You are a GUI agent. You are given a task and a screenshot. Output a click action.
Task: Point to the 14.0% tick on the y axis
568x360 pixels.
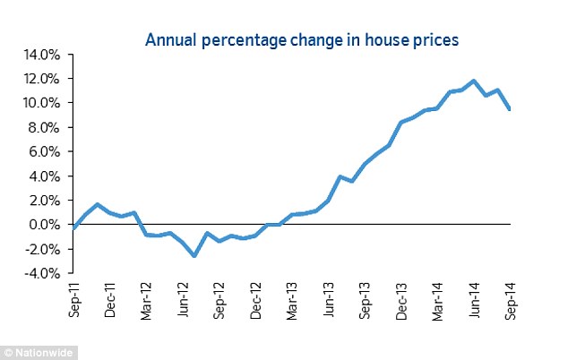pos(41,55)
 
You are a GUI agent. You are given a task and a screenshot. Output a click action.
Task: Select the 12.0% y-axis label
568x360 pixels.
pos(41,79)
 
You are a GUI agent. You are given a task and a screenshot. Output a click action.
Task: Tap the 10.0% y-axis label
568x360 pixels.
pos(41,103)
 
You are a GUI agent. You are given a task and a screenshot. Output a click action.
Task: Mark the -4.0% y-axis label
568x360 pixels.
pos(42,273)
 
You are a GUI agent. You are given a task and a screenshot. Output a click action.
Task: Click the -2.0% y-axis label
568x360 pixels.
pos(42,249)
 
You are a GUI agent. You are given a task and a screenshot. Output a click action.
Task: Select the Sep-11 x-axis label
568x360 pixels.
pos(73,298)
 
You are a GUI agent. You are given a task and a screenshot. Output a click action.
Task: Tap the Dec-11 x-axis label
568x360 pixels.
pos(110,298)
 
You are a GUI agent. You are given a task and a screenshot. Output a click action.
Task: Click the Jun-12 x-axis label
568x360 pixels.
pos(183,298)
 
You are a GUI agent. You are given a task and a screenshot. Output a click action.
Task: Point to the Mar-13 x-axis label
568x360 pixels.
pos(292,298)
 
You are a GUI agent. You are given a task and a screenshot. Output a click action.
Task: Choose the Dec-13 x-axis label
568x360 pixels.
pos(401,298)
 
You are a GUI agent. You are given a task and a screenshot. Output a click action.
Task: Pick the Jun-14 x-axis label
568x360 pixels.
pos(474,298)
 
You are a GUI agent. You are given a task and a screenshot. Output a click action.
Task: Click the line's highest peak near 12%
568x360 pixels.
pos(474,81)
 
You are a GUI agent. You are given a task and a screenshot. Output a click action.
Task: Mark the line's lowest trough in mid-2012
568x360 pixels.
pos(194,256)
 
